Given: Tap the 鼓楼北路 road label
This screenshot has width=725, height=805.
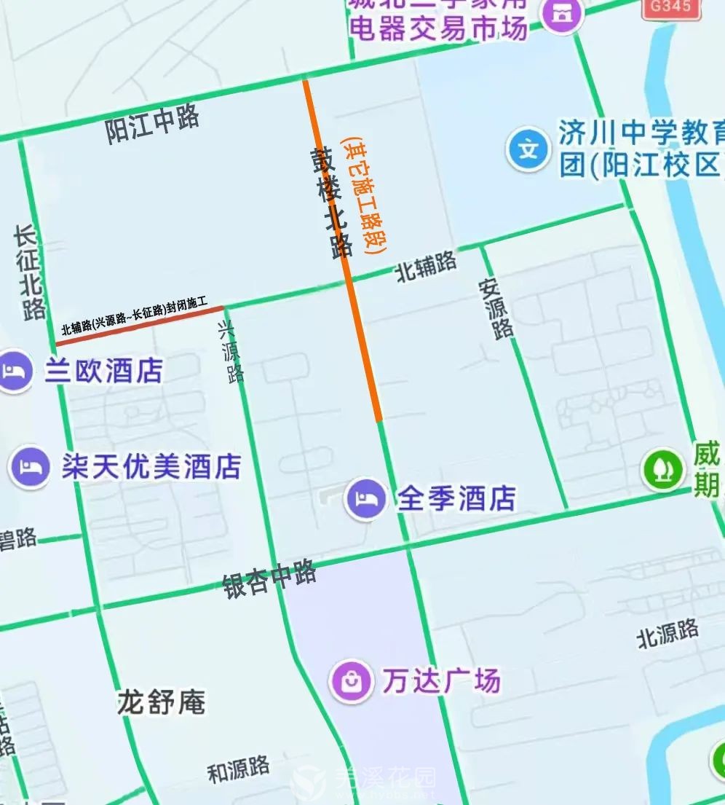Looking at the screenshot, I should (330, 203).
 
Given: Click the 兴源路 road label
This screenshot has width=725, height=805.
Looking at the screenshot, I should (231, 353).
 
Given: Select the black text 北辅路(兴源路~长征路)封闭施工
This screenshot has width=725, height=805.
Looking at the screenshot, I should (135, 318).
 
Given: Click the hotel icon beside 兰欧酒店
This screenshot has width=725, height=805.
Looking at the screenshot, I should (15, 372).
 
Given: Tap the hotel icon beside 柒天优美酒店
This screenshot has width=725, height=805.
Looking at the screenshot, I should (30, 466).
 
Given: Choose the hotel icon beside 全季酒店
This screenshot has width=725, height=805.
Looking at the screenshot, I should (366, 499).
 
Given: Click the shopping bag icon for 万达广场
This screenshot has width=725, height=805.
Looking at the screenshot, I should (351, 681).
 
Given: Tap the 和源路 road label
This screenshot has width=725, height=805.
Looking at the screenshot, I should (238, 769).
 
